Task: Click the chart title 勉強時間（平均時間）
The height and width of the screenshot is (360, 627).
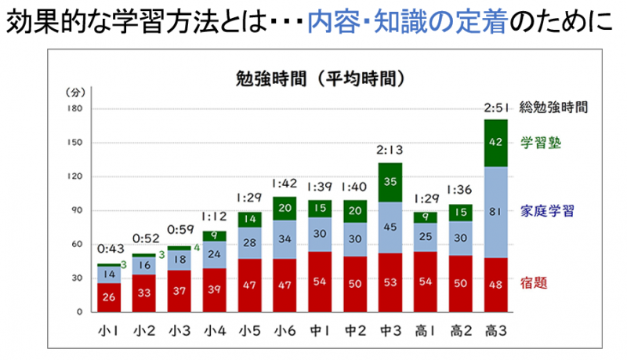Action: click(319, 78)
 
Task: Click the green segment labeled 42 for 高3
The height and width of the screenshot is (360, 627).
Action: click(495, 142)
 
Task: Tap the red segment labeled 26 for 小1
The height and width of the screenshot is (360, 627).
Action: click(110, 296)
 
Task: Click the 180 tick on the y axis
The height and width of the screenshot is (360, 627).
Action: click(74, 108)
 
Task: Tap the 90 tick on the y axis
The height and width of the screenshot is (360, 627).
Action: click(76, 210)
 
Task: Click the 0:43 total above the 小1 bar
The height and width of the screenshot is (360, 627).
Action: click(110, 249)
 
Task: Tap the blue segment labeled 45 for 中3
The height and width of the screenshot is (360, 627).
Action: click(391, 228)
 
